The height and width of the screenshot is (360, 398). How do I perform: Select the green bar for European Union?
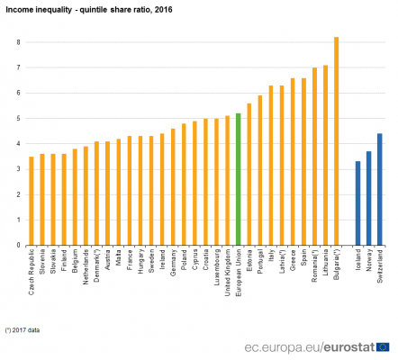point(238,179)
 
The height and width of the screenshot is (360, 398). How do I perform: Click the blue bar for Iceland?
point(358,203)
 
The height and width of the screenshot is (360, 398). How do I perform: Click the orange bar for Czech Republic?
point(32,201)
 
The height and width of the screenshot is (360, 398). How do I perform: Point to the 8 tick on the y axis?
point(18,42)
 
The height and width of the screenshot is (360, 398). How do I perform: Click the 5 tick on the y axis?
point(18,118)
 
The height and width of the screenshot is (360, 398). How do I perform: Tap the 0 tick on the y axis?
point(18,245)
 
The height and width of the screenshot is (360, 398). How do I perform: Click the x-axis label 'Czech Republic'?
point(32,270)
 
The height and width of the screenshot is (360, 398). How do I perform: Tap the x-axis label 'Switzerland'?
point(380,266)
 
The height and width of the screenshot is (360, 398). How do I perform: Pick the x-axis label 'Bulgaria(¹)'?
point(336,266)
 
